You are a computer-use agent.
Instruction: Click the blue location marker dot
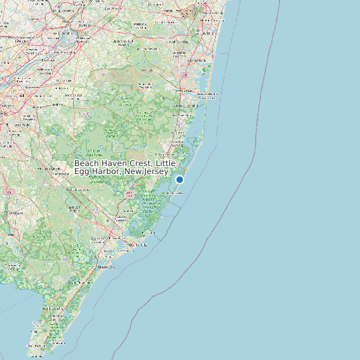(x=179, y=179)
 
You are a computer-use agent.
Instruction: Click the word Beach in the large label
(x=87, y=163)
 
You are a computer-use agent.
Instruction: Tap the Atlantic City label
(x=136, y=244)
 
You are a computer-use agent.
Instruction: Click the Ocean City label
(x=106, y=267)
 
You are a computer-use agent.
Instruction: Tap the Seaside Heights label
(x=203, y=94)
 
